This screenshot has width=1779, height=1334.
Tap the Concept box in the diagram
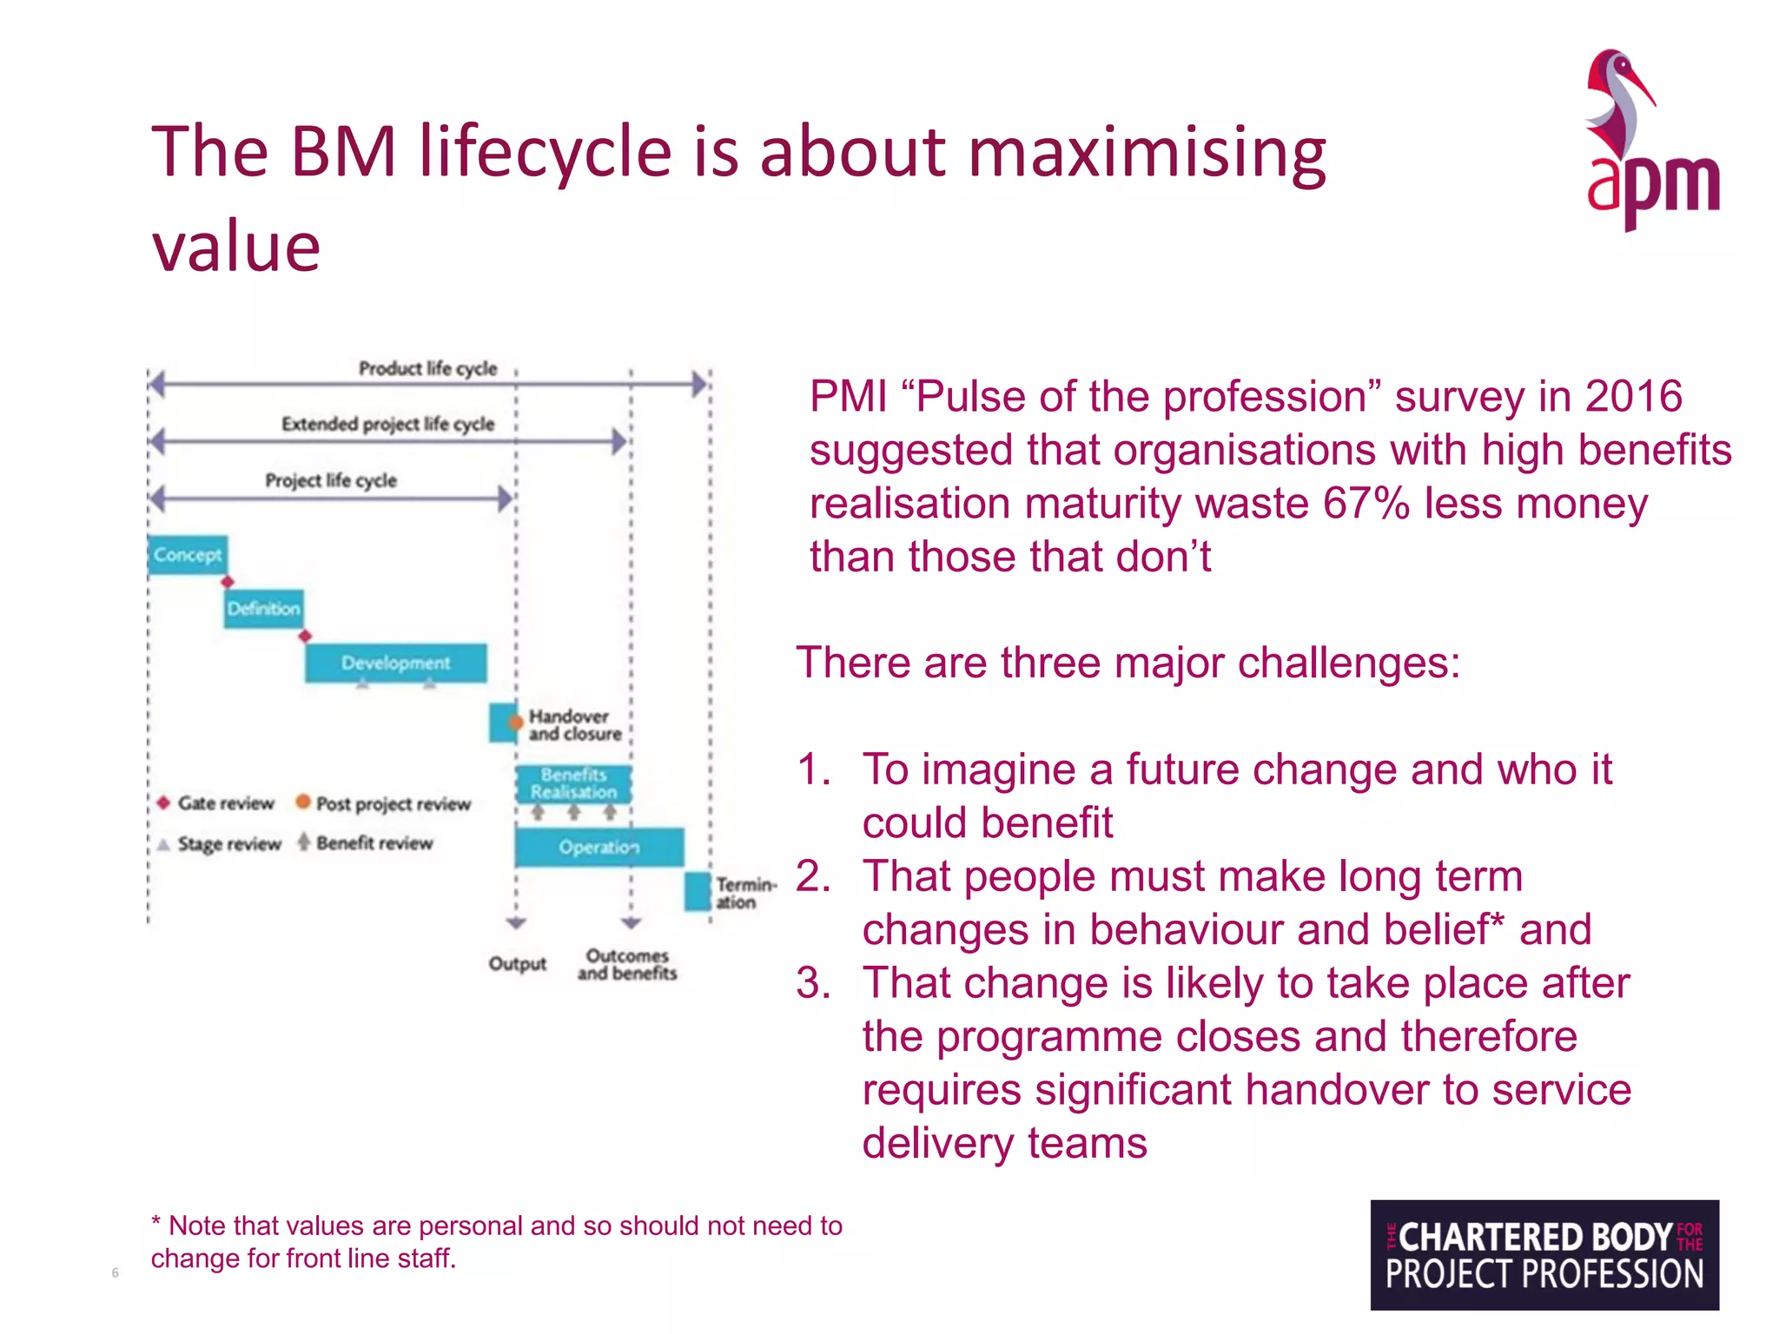coord(188,555)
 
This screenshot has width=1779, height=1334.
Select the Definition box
coord(264,609)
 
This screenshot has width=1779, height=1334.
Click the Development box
coord(395,664)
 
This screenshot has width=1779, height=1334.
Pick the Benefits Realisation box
coord(573,783)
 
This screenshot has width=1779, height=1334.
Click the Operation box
coord(599,847)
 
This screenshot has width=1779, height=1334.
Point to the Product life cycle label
coord(427,368)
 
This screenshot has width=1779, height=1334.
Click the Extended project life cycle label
coord(387,424)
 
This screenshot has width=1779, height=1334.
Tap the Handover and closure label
coord(574,725)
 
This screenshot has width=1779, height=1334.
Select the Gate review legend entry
coord(217,803)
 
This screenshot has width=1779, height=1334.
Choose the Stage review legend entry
coord(221,844)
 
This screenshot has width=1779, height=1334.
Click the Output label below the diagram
coord(517,963)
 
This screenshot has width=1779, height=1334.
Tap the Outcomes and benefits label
coord(626,964)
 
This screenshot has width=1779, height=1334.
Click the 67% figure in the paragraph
coord(1366,504)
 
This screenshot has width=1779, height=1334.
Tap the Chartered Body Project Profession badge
coord(1544,1254)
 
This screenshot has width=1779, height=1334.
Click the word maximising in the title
coord(1147,153)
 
